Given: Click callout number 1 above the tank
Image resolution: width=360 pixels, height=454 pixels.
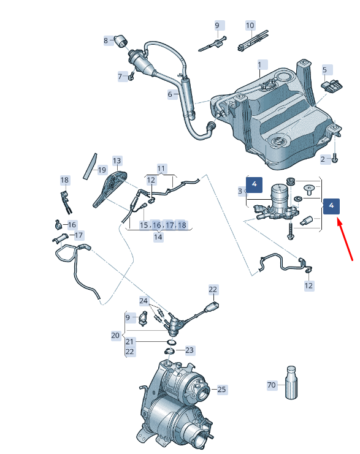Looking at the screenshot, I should coord(259,64).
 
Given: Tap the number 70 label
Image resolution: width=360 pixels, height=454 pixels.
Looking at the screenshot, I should coord(272,385).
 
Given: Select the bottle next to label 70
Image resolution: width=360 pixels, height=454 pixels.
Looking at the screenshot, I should coord(291,382).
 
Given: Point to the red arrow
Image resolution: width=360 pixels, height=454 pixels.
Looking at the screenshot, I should coord(345,243).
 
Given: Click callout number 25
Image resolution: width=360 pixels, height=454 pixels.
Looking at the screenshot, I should coord(221,389).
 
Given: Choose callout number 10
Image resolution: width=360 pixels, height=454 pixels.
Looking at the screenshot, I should coord(250,26).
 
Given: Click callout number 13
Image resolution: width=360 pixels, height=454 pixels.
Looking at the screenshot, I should coord(117,160).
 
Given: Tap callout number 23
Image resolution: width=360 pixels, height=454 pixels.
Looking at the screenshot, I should coord(190,350).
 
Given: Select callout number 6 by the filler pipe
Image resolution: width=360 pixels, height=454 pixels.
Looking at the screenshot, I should coord(170,94).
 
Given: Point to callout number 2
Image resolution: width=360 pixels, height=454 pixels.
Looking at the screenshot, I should coord(323,159).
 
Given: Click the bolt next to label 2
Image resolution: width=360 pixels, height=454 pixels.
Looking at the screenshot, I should coord(335,158).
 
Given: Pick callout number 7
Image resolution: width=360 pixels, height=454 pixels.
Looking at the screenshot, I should coord(121,77).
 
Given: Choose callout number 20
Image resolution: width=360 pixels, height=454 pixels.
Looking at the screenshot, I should coord(115,335).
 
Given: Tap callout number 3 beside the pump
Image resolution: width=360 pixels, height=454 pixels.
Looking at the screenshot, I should coord(240,192).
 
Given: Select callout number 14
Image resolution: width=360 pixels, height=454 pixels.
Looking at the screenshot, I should coord(158,236).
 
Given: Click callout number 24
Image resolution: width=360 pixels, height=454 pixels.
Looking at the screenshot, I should coord(143,301).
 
